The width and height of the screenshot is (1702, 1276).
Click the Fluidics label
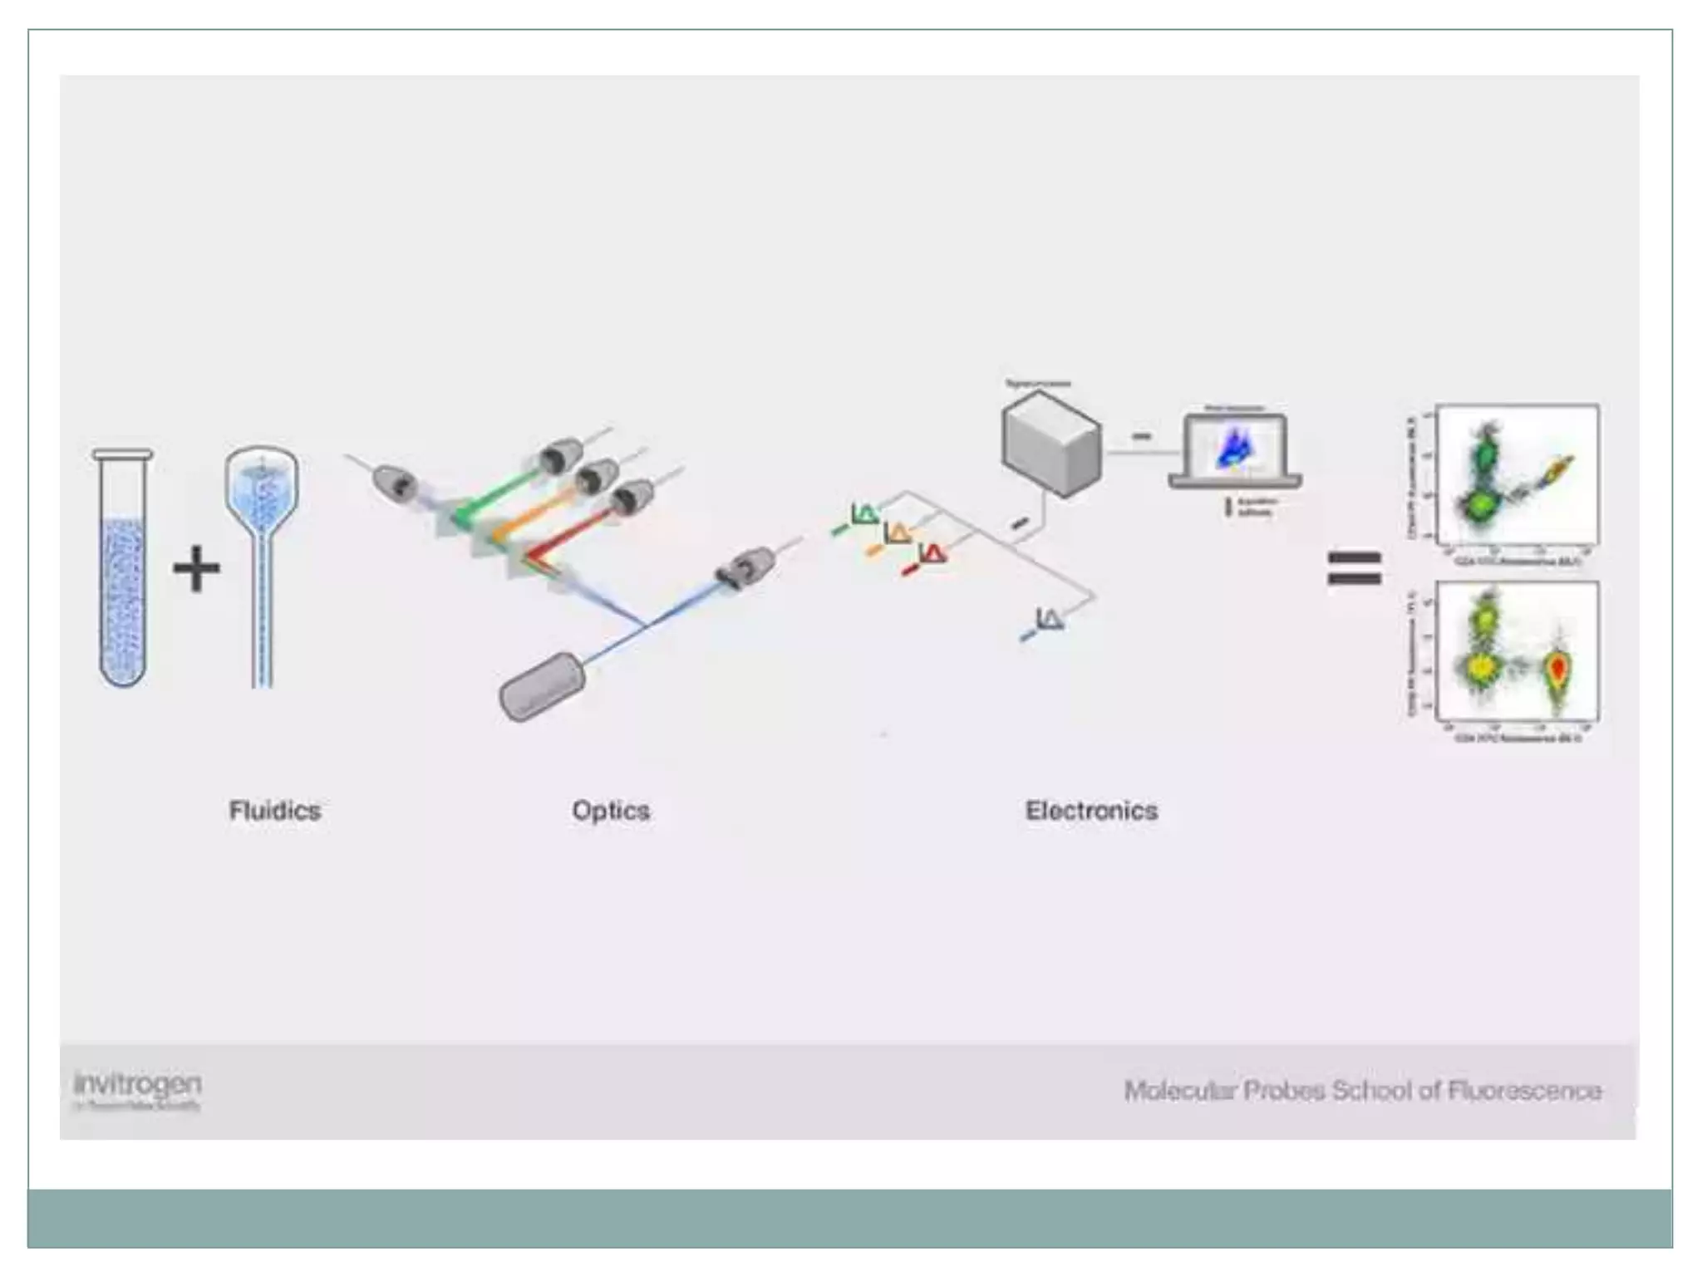274,810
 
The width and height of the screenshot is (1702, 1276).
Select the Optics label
611,810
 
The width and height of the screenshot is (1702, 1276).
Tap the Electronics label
1091,810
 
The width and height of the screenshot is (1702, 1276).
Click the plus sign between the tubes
197,569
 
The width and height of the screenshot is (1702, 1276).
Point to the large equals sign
1355,568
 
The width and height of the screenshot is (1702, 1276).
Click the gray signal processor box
1051,444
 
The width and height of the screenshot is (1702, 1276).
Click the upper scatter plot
1516,475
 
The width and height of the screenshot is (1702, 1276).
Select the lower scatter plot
1516,652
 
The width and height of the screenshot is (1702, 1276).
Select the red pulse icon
932,554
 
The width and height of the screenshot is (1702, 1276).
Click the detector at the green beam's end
558,456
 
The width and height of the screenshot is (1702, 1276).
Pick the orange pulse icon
896,534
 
